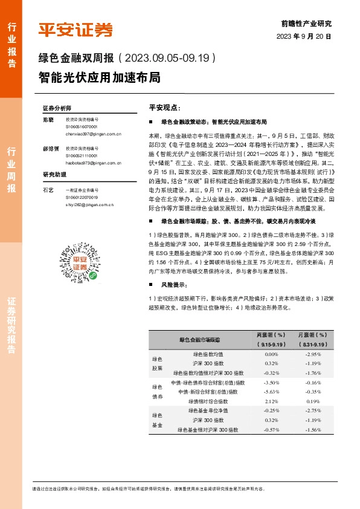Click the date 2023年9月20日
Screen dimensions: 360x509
pyautogui.click(x=304, y=37)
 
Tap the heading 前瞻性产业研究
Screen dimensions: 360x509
pyautogui.click(x=307, y=24)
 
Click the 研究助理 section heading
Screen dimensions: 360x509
pyautogui.click(x=53, y=175)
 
